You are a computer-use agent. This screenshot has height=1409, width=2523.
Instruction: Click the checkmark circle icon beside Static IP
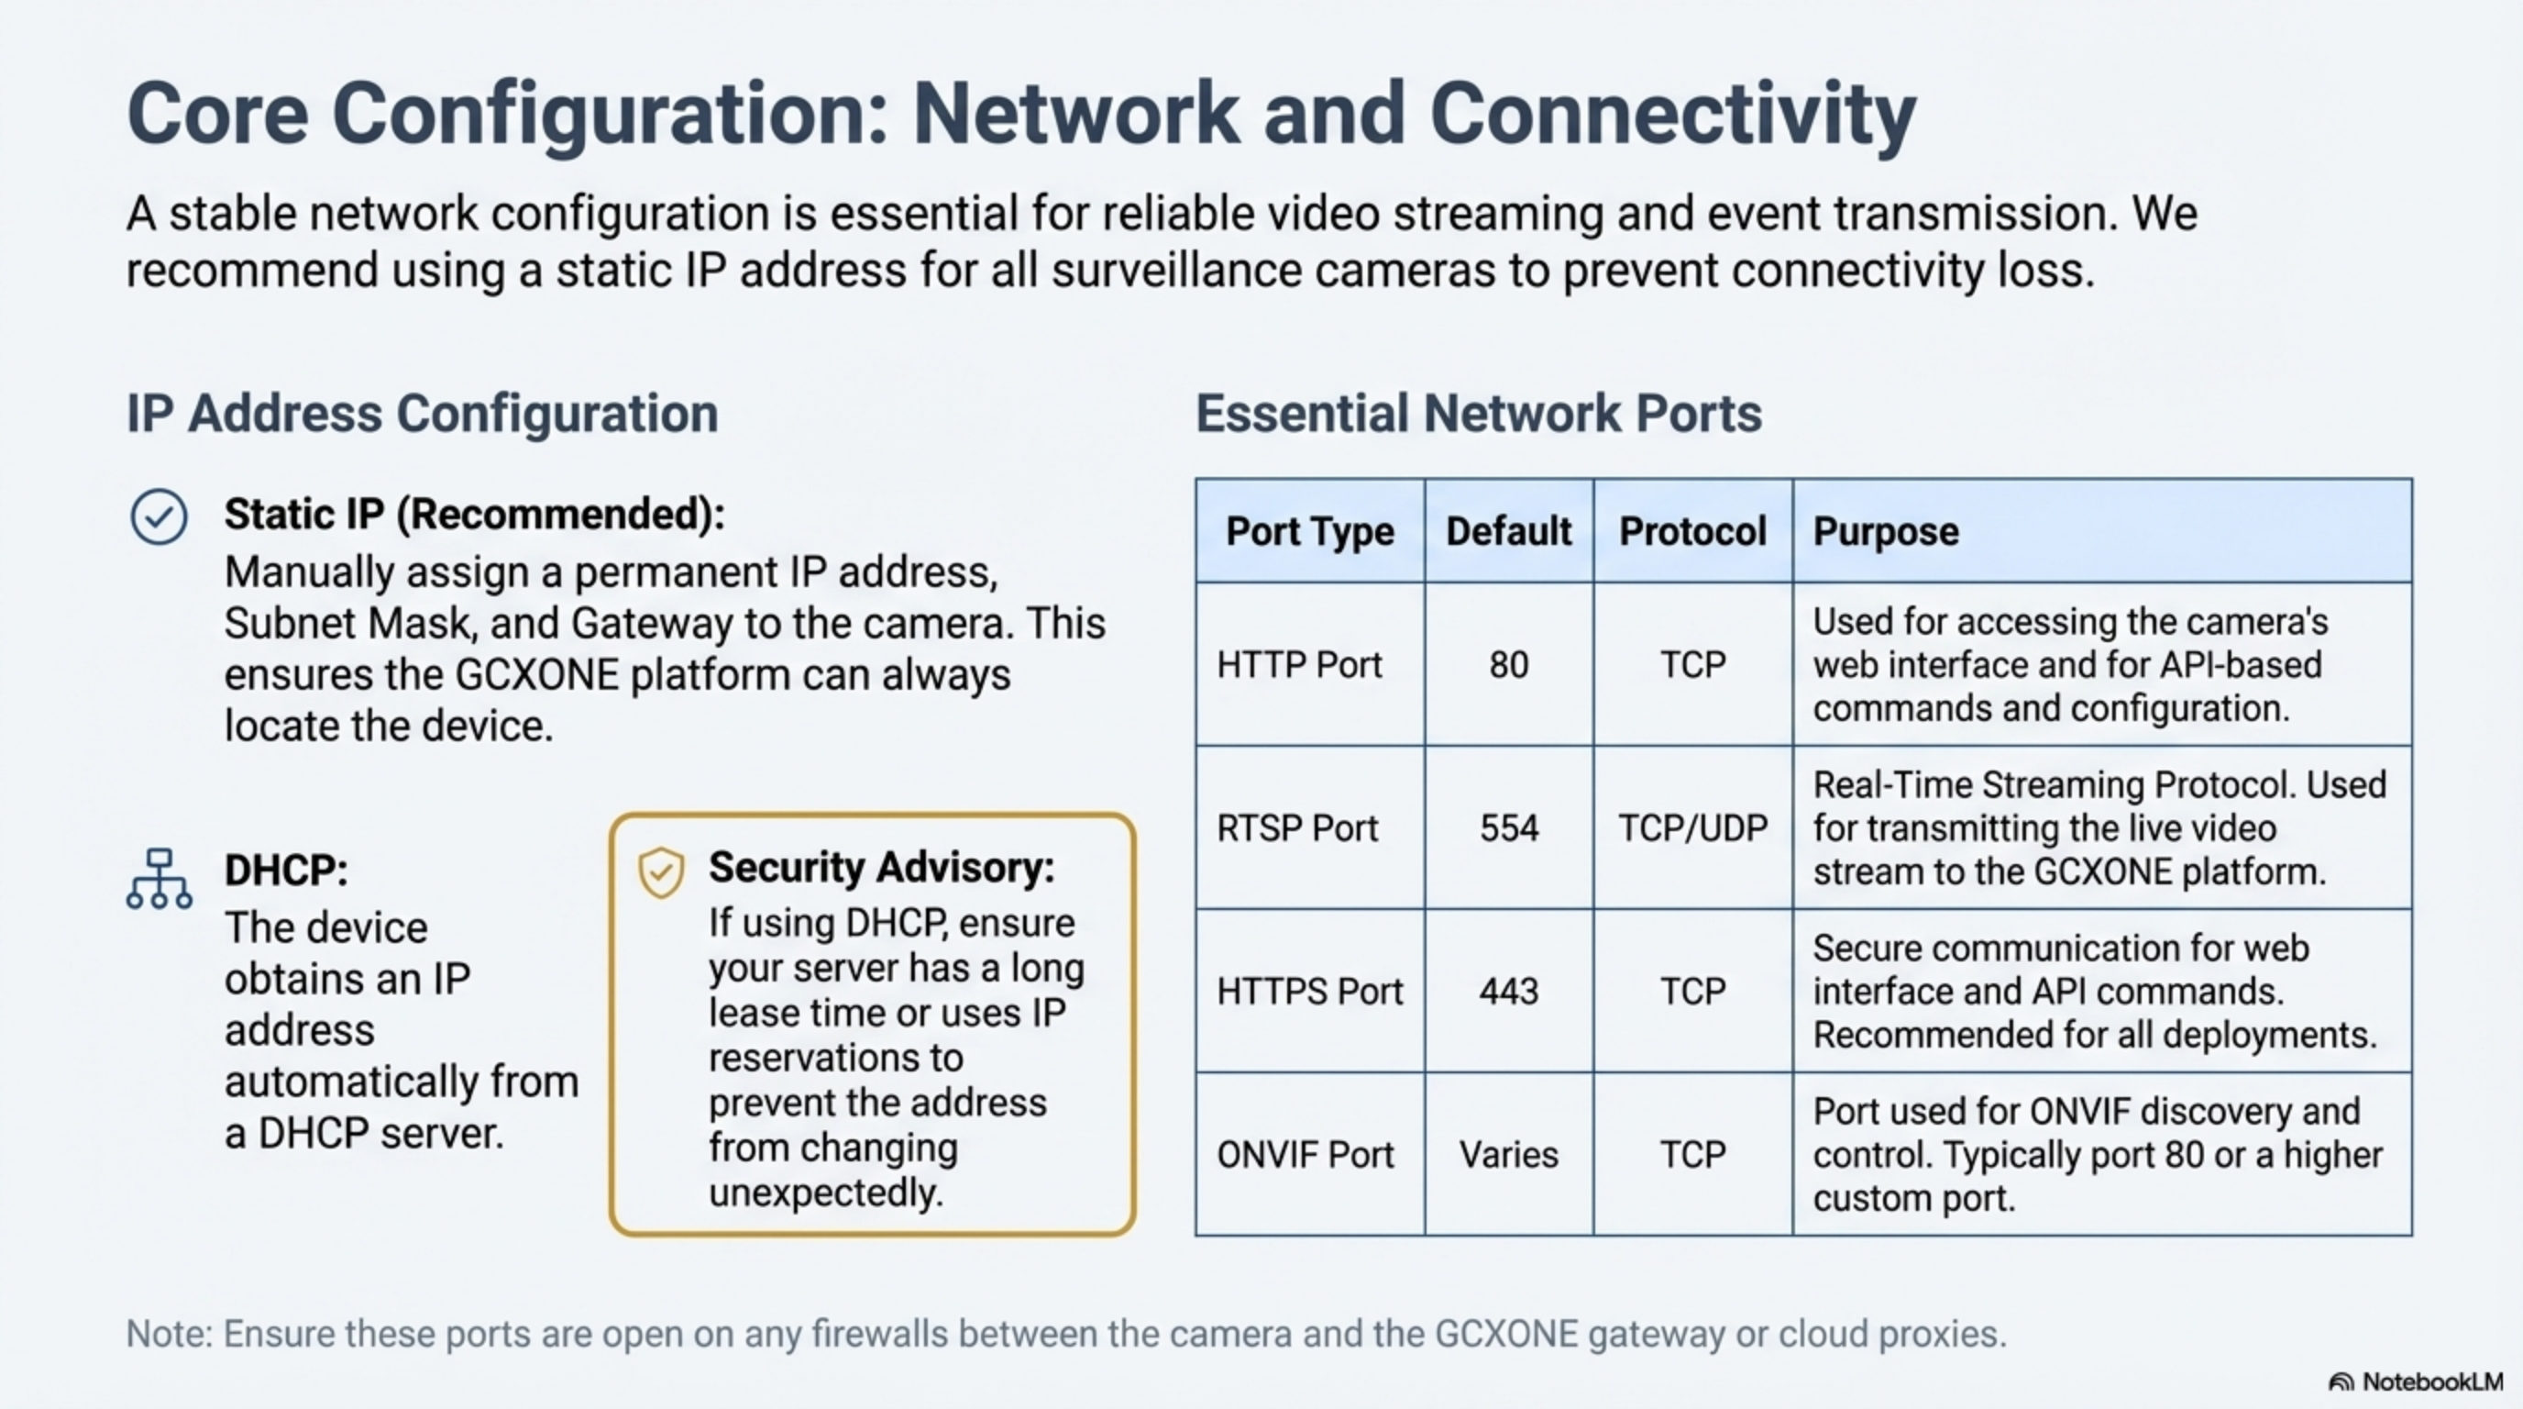[x=159, y=516]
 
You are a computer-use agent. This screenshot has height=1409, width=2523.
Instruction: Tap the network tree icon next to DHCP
[x=159, y=879]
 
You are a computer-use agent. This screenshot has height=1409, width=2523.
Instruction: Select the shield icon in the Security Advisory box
[x=661, y=871]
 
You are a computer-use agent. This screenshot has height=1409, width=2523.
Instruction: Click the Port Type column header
[x=1309, y=531]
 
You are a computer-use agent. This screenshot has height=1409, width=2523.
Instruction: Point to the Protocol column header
[x=1692, y=531]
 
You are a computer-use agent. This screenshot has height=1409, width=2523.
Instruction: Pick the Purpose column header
[x=1886, y=531]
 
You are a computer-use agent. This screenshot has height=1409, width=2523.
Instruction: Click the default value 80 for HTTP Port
[x=1508, y=665]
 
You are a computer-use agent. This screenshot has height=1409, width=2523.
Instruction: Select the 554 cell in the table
[x=1508, y=828]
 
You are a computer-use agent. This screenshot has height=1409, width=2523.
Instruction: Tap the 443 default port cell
[x=1508, y=992]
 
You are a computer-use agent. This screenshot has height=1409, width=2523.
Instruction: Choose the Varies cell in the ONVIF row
[x=1508, y=1154]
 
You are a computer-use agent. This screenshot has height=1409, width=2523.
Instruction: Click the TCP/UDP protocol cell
[x=1692, y=828]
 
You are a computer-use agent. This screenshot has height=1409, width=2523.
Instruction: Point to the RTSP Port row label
[x=1296, y=828]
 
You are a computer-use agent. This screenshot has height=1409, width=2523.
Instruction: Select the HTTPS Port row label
[x=1309, y=992]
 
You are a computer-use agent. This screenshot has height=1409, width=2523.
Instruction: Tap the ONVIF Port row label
[x=1305, y=1154]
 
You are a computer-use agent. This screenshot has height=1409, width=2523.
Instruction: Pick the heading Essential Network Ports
[x=1478, y=413]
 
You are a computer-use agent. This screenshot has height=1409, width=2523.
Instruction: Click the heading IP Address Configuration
[x=422, y=413]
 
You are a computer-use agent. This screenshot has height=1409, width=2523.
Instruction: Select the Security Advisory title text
[x=881, y=867]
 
